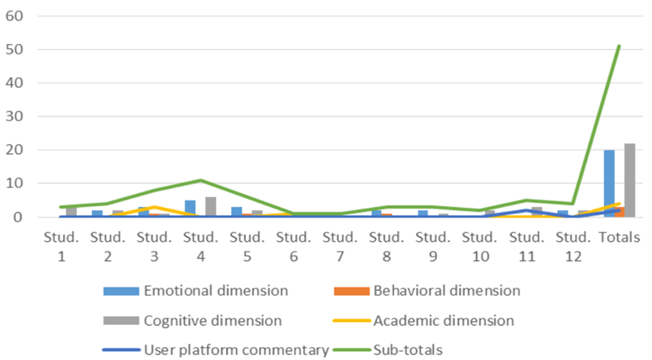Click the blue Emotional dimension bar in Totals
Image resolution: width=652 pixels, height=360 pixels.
coord(609,183)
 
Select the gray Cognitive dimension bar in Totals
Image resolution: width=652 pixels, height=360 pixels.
coord(629,180)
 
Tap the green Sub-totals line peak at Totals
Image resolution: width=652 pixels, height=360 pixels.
coord(619,46)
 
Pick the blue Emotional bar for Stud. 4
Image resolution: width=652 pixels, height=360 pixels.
coord(190,209)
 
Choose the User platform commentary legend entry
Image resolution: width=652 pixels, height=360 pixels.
coord(215,350)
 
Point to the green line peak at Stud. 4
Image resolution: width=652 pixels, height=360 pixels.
coord(200,180)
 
